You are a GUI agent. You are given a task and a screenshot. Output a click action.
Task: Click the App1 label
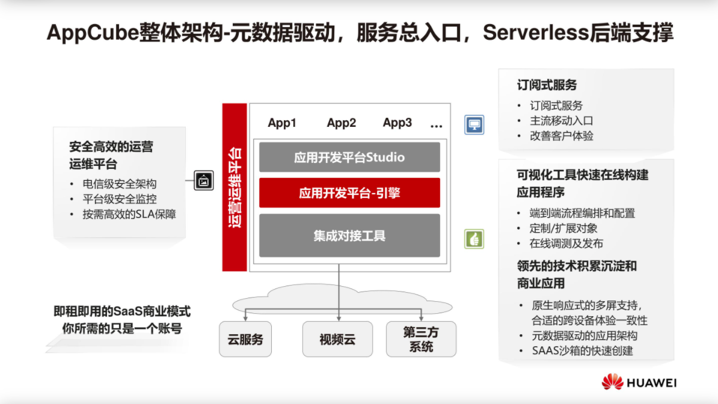tap(282, 123)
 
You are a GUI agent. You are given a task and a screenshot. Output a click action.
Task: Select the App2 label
tap(342, 123)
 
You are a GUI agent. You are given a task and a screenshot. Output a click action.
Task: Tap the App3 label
tap(397, 123)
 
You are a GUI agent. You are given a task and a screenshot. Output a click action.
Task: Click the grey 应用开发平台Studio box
tap(349, 158)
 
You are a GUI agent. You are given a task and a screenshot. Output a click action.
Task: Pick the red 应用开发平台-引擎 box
tap(349, 193)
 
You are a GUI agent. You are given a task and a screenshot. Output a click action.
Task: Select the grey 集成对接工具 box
tap(349, 236)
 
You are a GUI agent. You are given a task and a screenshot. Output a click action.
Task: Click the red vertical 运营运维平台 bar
tap(235, 187)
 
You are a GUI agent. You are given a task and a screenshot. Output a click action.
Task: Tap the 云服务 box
tap(245, 339)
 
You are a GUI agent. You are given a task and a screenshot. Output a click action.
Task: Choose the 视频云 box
tap(337, 339)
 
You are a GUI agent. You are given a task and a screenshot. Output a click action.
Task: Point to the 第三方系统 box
tap(421, 339)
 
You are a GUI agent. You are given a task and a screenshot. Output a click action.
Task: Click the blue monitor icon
tap(474, 125)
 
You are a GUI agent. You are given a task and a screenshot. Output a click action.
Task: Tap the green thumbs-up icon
tap(474, 239)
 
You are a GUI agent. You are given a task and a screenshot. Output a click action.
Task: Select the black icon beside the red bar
tap(204, 180)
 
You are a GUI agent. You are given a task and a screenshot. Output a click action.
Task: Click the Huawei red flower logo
tap(612, 382)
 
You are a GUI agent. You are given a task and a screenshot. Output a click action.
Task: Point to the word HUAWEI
tap(652, 382)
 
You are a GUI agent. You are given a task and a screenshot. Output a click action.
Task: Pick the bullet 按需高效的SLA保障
tap(129, 214)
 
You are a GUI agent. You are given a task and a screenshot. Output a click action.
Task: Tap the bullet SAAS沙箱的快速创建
tap(581, 350)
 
